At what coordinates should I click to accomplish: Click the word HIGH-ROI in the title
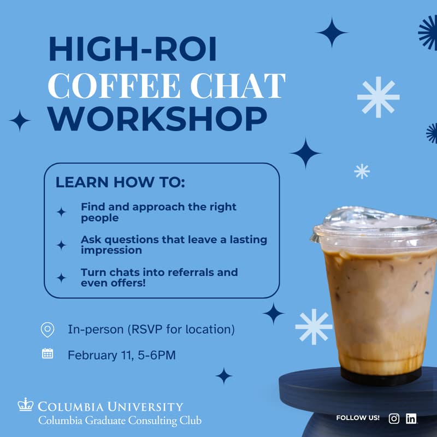pyautogui.click(x=133, y=50)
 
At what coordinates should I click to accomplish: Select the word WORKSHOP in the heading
pyautogui.click(x=158, y=119)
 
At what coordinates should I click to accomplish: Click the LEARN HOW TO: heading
pyautogui.click(x=120, y=182)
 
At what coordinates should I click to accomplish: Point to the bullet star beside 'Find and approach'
pyautogui.click(x=61, y=212)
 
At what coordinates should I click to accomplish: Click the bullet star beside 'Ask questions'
pyautogui.click(x=61, y=245)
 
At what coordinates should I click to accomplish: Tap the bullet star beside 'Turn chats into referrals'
pyautogui.click(x=61, y=277)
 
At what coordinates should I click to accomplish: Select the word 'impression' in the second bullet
pyautogui.click(x=111, y=250)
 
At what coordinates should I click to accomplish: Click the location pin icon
pyautogui.click(x=48, y=329)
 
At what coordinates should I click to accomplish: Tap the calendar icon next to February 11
pyautogui.click(x=48, y=354)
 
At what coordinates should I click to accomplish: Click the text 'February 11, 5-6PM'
pyautogui.click(x=121, y=356)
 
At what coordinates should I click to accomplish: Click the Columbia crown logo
pyautogui.click(x=26, y=405)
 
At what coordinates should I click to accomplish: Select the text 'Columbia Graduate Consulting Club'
pyautogui.click(x=120, y=421)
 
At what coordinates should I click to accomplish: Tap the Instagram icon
pyautogui.click(x=394, y=418)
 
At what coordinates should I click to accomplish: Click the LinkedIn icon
pyautogui.click(x=411, y=418)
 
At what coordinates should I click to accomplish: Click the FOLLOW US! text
pyautogui.click(x=358, y=418)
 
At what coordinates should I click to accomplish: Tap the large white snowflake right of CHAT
pyautogui.click(x=378, y=97)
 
